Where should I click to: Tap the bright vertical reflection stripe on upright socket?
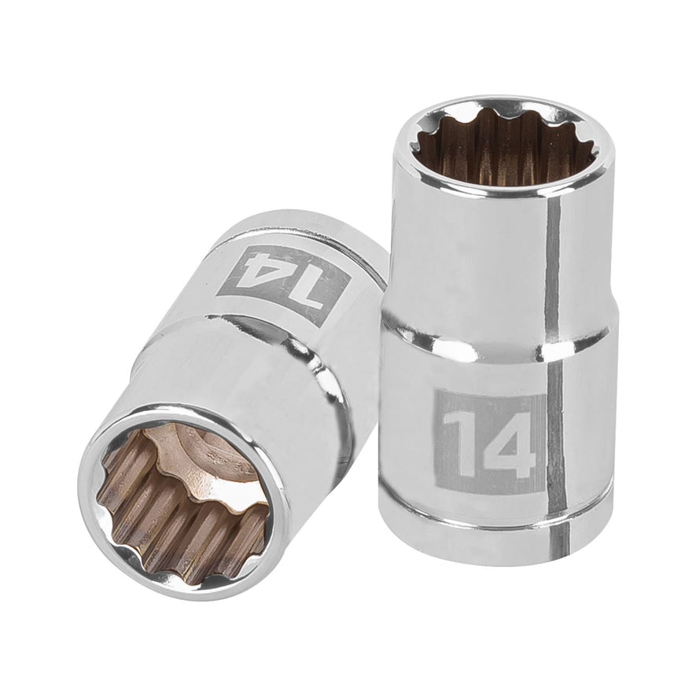click(x=554, y=315)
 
